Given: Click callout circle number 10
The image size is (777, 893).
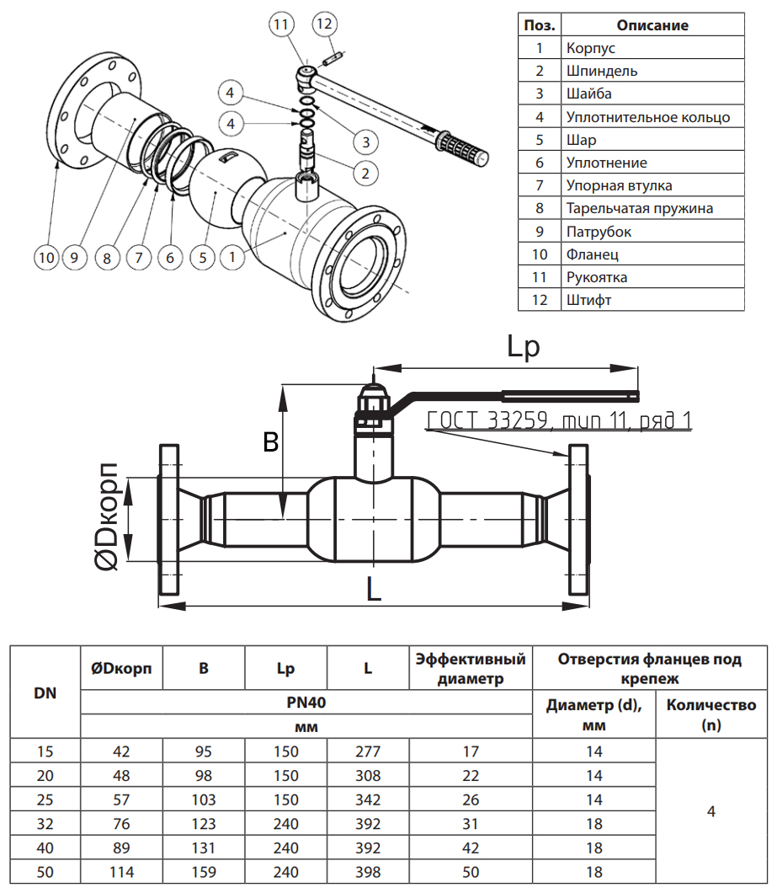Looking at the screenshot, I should point(46,256).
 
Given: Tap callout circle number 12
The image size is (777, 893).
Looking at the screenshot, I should point(324,24).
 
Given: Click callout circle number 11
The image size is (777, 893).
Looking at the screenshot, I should point(281,24).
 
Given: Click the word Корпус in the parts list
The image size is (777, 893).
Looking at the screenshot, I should point(591,48).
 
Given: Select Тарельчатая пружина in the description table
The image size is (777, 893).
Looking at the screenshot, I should point(640,208).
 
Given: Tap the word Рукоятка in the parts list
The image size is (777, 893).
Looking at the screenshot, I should point(597,276).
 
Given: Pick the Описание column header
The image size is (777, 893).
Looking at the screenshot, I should point(652,25).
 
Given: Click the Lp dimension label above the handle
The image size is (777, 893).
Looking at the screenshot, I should point(523,346).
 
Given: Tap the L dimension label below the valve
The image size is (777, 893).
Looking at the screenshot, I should point(374,589).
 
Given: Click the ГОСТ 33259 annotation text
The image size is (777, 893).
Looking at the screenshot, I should point(559,420).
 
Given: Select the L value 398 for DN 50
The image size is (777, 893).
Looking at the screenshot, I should point(368,872).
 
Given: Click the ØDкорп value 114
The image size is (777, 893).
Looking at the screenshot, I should point(121,872).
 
